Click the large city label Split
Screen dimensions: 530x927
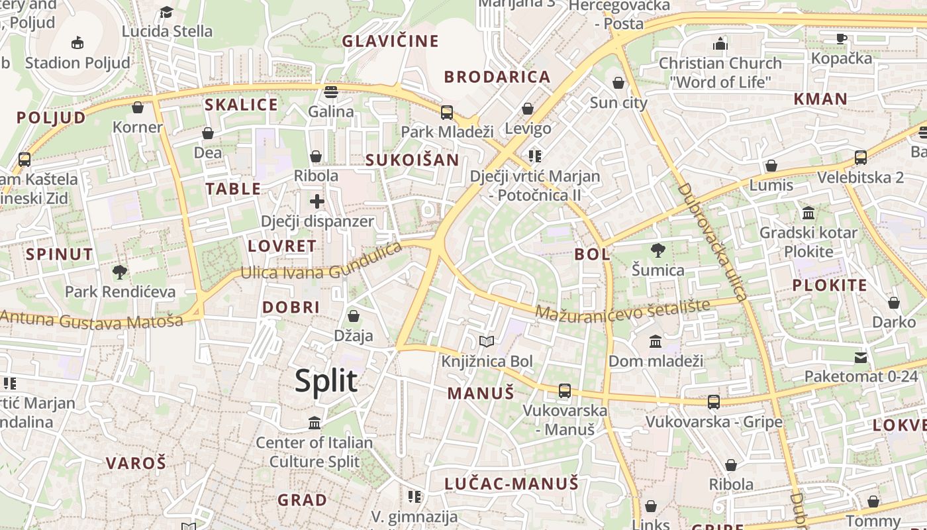tap(326, 381)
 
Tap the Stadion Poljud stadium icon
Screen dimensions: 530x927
tap(77, 43)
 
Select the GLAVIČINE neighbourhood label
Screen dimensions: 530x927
tap(390, 41)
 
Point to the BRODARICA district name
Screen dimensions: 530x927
tap(497, 77)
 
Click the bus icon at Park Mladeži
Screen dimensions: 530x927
tap(447, 112)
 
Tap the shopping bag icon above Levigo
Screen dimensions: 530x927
tap(528, 108)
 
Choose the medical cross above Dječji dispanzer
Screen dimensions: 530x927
tap(317, 201)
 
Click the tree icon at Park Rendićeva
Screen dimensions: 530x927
tap(120, 271)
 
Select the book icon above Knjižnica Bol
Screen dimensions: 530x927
tap(487, 341)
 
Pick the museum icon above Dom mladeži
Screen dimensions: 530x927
tap(656, 341)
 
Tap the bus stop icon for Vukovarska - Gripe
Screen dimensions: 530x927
tap(714, 401)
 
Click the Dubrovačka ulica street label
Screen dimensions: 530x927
tap(711, 241)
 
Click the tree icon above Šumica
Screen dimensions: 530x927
tap(658, 250)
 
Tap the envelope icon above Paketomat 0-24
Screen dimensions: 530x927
tap(861, 358)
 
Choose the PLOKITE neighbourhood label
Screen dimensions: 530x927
tap(830, 286)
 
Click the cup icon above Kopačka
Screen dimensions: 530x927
tap(842, 38)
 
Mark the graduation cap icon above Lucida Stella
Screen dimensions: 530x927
tap(167, 12)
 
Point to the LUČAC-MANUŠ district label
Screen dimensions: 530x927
tap(511, 484)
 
